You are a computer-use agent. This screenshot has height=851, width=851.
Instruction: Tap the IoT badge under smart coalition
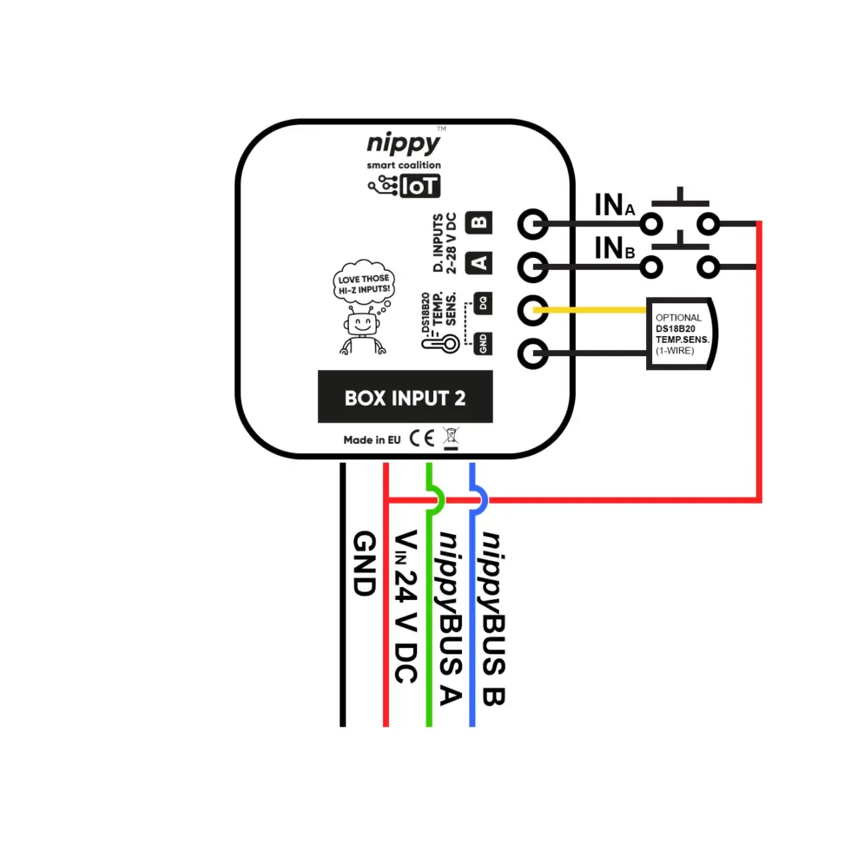pyautogui.click(x=419, y=185)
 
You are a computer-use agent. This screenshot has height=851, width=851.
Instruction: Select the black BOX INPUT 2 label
pyautogui.click(x=406, y=399)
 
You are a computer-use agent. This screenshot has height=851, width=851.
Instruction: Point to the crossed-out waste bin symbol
pyautogui.click(x=450, y=439)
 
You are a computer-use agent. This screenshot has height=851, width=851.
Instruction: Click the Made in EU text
pyautogui.click(x=372, y=440)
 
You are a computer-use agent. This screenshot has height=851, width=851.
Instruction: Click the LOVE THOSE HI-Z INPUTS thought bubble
pyautogui.click(x=363, y=284)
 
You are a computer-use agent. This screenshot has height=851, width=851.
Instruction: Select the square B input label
pyautogui.click(x=478, y=223)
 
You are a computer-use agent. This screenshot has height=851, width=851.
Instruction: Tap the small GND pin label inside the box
pyautogui.click(x=483, y=344)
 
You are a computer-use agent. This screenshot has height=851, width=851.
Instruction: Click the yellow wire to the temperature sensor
pyautogui.click(x=590, y=309)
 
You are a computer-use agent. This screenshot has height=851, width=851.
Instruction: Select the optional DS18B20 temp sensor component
pyautogui.click(x=682, y=333)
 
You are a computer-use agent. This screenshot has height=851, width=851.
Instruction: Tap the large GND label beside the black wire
pyautogui.click(x=363, y=564)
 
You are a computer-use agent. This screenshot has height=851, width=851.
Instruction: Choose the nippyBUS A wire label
pyautogui.click(x=449, y=617)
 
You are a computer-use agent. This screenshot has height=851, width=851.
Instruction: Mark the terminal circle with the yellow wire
pyautogui.click(x=532, y=310)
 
